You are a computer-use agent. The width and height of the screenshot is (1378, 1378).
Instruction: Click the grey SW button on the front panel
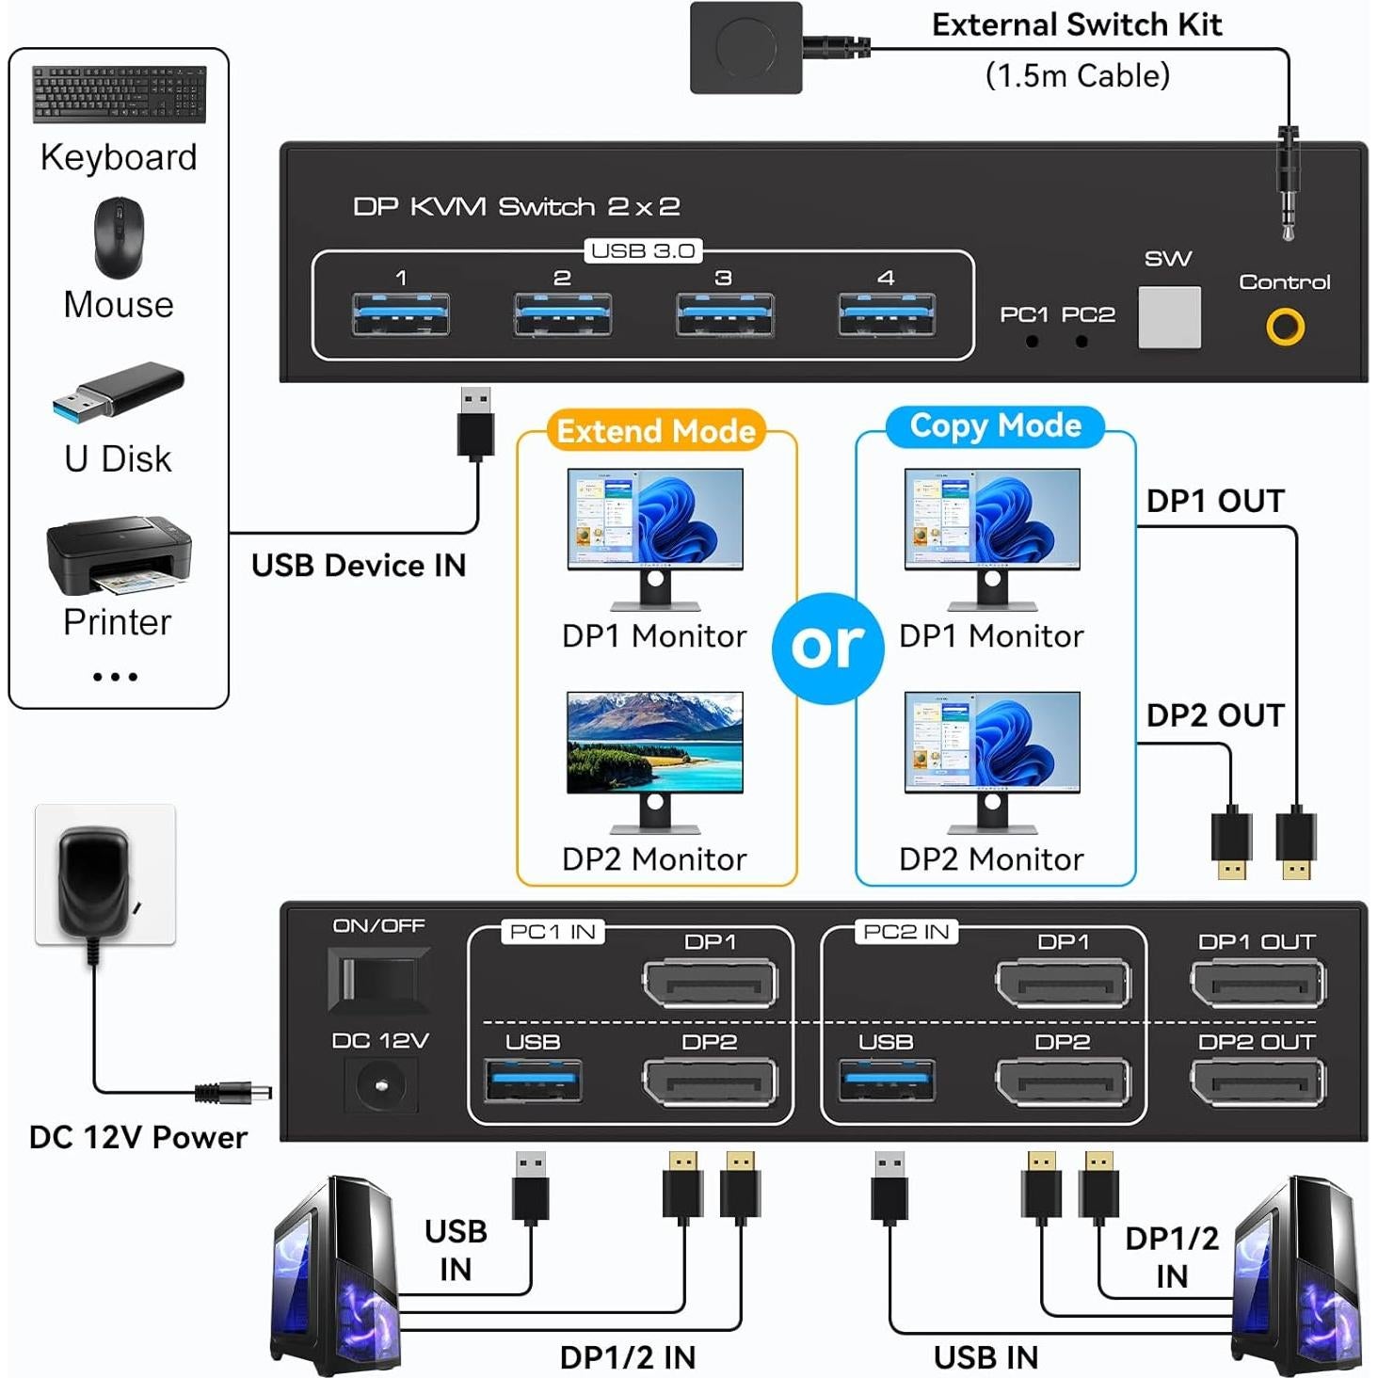click(x=1169, y=317)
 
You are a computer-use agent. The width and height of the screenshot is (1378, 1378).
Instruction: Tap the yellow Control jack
click(x=1285, y=327)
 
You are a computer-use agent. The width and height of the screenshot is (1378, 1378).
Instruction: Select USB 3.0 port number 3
click(x=725, y=314)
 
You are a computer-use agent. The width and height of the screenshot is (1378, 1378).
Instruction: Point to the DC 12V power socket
click(x=380, y=1085)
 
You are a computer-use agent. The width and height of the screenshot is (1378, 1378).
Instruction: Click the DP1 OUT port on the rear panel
click(x=1258, y=985)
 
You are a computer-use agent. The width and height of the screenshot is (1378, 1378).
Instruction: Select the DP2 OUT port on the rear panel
click(x=1258, y=1083)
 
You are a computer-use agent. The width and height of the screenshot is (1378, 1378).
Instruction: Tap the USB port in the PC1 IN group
click(x=533, y=1082)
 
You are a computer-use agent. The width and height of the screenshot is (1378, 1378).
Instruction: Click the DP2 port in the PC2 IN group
click(x=1063, y=1083)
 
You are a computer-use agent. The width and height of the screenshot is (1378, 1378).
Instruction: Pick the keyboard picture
click(x=120, y=94)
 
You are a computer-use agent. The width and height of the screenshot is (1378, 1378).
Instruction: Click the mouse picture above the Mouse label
click(x=119, y=237)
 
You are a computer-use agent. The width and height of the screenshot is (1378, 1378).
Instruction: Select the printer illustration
click(x=119, y=555)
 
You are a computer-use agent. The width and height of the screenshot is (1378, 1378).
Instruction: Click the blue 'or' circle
click(x=827, y=648)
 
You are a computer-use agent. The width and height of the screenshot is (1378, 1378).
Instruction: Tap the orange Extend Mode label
click(x=656, y=431)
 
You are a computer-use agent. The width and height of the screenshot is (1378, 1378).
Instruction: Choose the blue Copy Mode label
click(x=995, y=426)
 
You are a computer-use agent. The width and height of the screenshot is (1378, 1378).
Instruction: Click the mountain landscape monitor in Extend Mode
click(x=655, y=743)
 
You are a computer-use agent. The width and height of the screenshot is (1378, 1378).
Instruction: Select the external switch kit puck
click(x=745, y=47)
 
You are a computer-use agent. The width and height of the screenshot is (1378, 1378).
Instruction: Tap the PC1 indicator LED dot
click(x=1033, y=342)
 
